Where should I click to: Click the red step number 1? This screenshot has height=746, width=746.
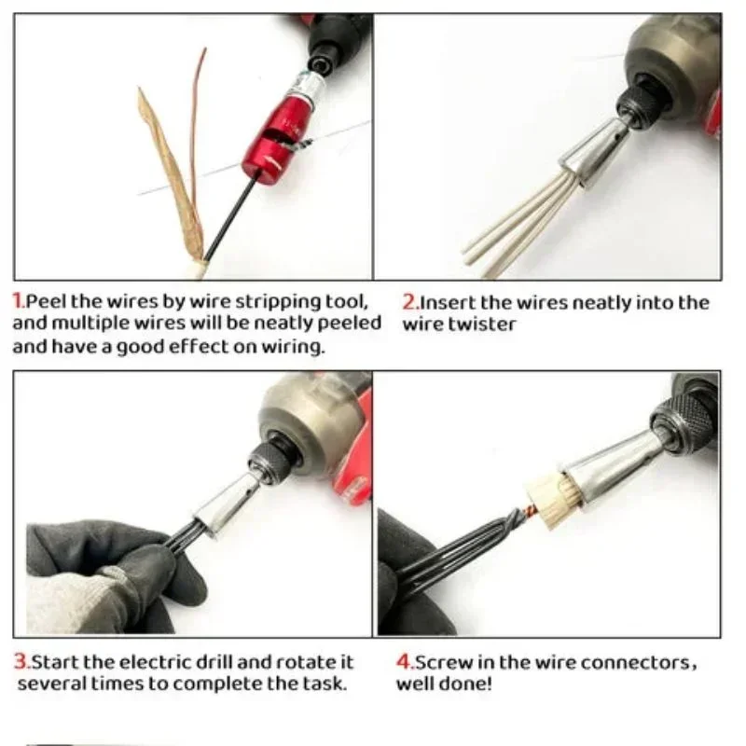click(x=17, y=301)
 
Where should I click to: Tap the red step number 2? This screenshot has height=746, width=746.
click(x=408, y=302)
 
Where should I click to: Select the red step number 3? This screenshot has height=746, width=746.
click(x=19, y=662)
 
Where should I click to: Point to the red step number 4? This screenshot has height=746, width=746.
click(x=404, y=663)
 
